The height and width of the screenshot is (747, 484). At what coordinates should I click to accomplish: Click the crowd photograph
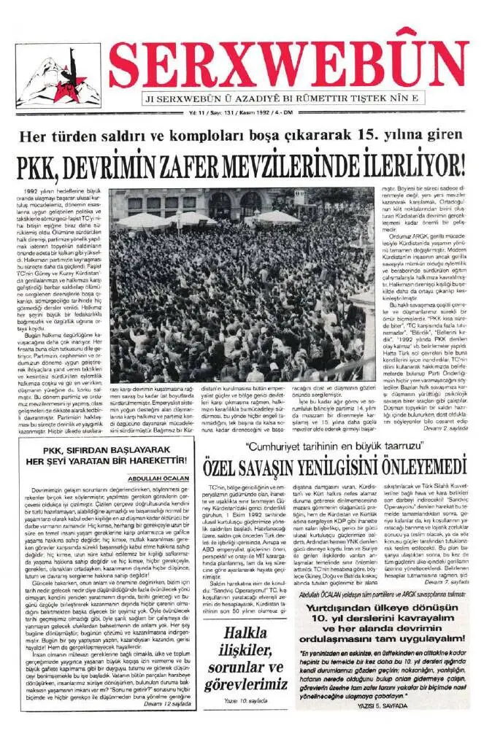[x=242, y=285]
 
